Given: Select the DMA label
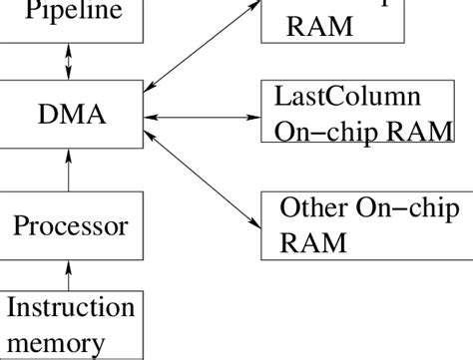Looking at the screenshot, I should coord(69,118).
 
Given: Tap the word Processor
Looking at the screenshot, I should coord(70,225).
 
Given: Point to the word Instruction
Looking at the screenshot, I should coord(69,309).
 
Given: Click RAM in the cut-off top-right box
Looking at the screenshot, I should coord(318,26).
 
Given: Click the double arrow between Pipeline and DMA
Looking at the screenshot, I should coord(68,66).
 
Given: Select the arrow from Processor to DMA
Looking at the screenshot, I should coord(68,172).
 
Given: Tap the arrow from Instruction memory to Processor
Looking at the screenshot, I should coord(68,273).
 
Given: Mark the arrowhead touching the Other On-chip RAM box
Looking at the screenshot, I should coord(252,219).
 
